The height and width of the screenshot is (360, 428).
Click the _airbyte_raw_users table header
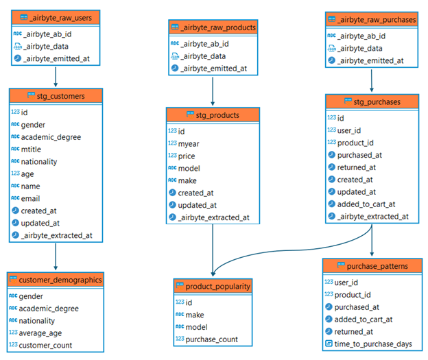point(56,17)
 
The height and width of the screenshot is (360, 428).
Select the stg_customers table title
point(56,95)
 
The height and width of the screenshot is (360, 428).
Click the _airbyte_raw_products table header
point(213,27)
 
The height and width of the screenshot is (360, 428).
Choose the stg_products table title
point(213,115)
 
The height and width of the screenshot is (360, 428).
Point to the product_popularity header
point(213,285)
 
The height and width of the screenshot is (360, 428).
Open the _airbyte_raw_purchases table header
point(371,19)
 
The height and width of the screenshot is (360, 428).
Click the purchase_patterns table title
point(371,265)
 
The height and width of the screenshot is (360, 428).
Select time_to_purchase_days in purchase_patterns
point(374,344)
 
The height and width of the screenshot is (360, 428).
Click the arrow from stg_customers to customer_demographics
point(56,257)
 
